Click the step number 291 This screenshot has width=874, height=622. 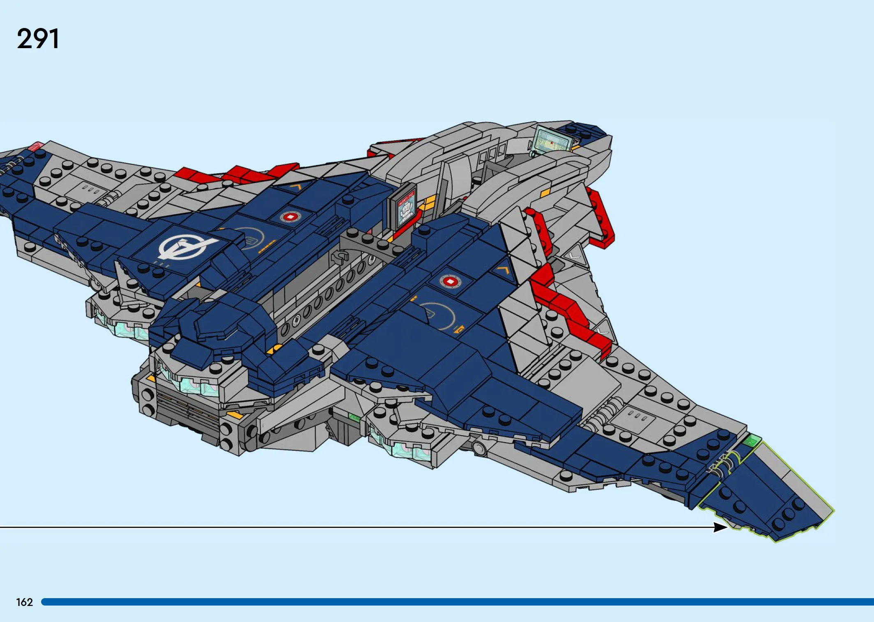click(x=38, y=39)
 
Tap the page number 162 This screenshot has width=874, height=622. click(x=24, y=602)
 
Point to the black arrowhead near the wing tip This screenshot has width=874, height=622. click(x=720, y=527)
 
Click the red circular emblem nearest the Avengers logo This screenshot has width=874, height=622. click(x=291, y=217)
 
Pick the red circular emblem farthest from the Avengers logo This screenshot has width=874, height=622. click(x=450, y=282)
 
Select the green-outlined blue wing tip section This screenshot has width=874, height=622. click(x=765, y=494)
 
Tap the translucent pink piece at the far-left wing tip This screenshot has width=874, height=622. click(x=35, y=146)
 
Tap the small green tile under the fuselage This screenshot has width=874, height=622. click(x=354, y=418)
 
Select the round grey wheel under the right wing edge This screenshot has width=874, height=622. click(x=479, y=447)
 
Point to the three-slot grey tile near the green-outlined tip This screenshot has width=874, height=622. click(x=636, y=416)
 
